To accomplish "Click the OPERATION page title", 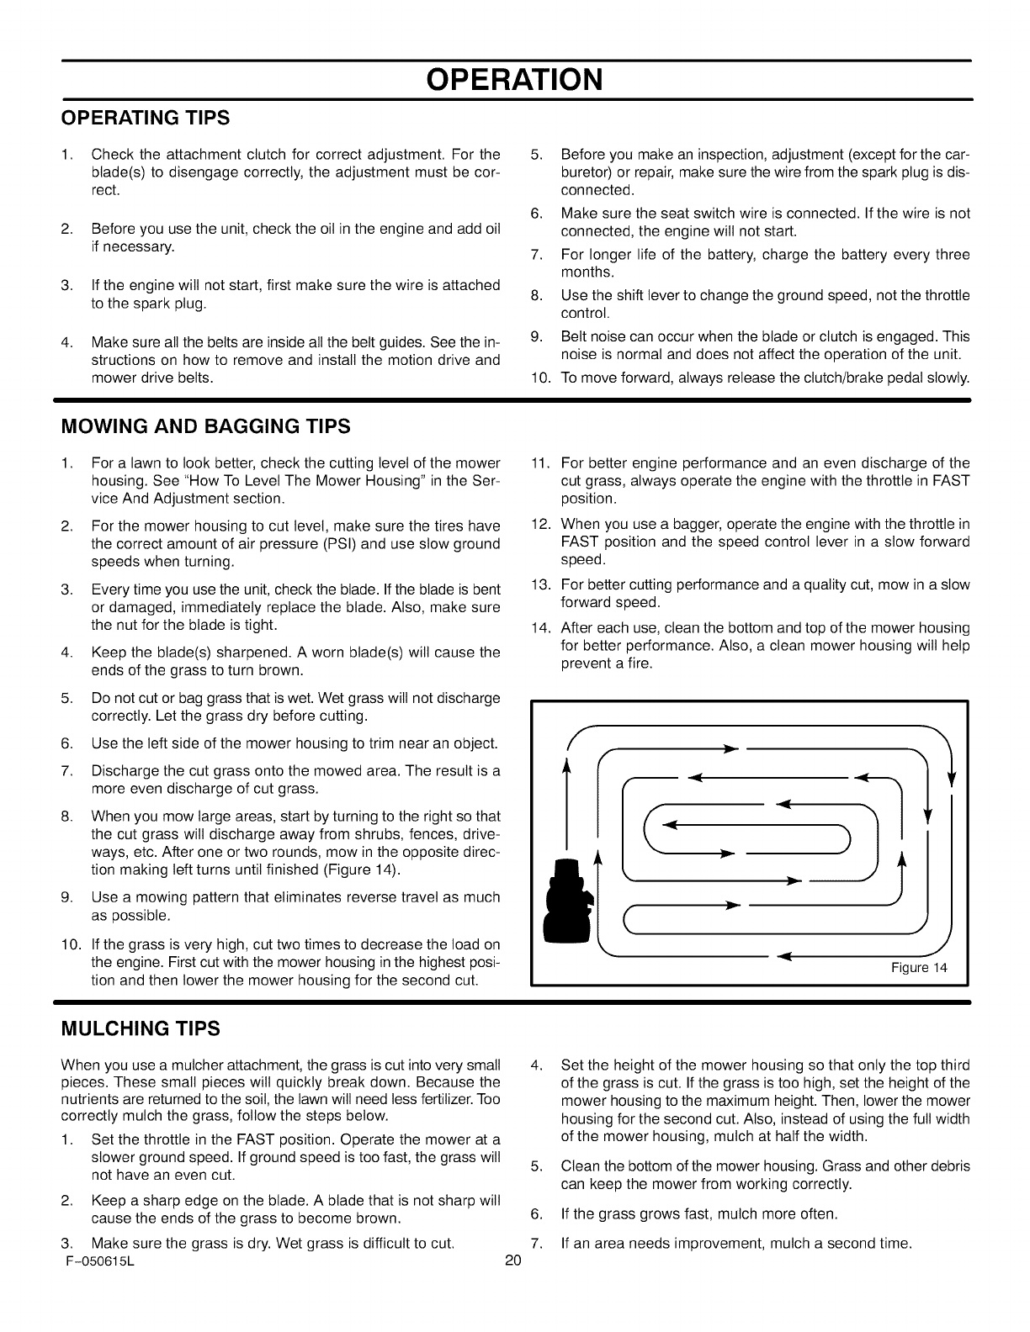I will [514, 79].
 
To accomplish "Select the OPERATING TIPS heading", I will [145, 119].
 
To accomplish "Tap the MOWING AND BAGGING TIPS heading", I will [205, 426].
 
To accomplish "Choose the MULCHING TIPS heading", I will [141, 1028].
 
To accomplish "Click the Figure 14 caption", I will [919, 967].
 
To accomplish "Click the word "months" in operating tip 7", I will [587, 272].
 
